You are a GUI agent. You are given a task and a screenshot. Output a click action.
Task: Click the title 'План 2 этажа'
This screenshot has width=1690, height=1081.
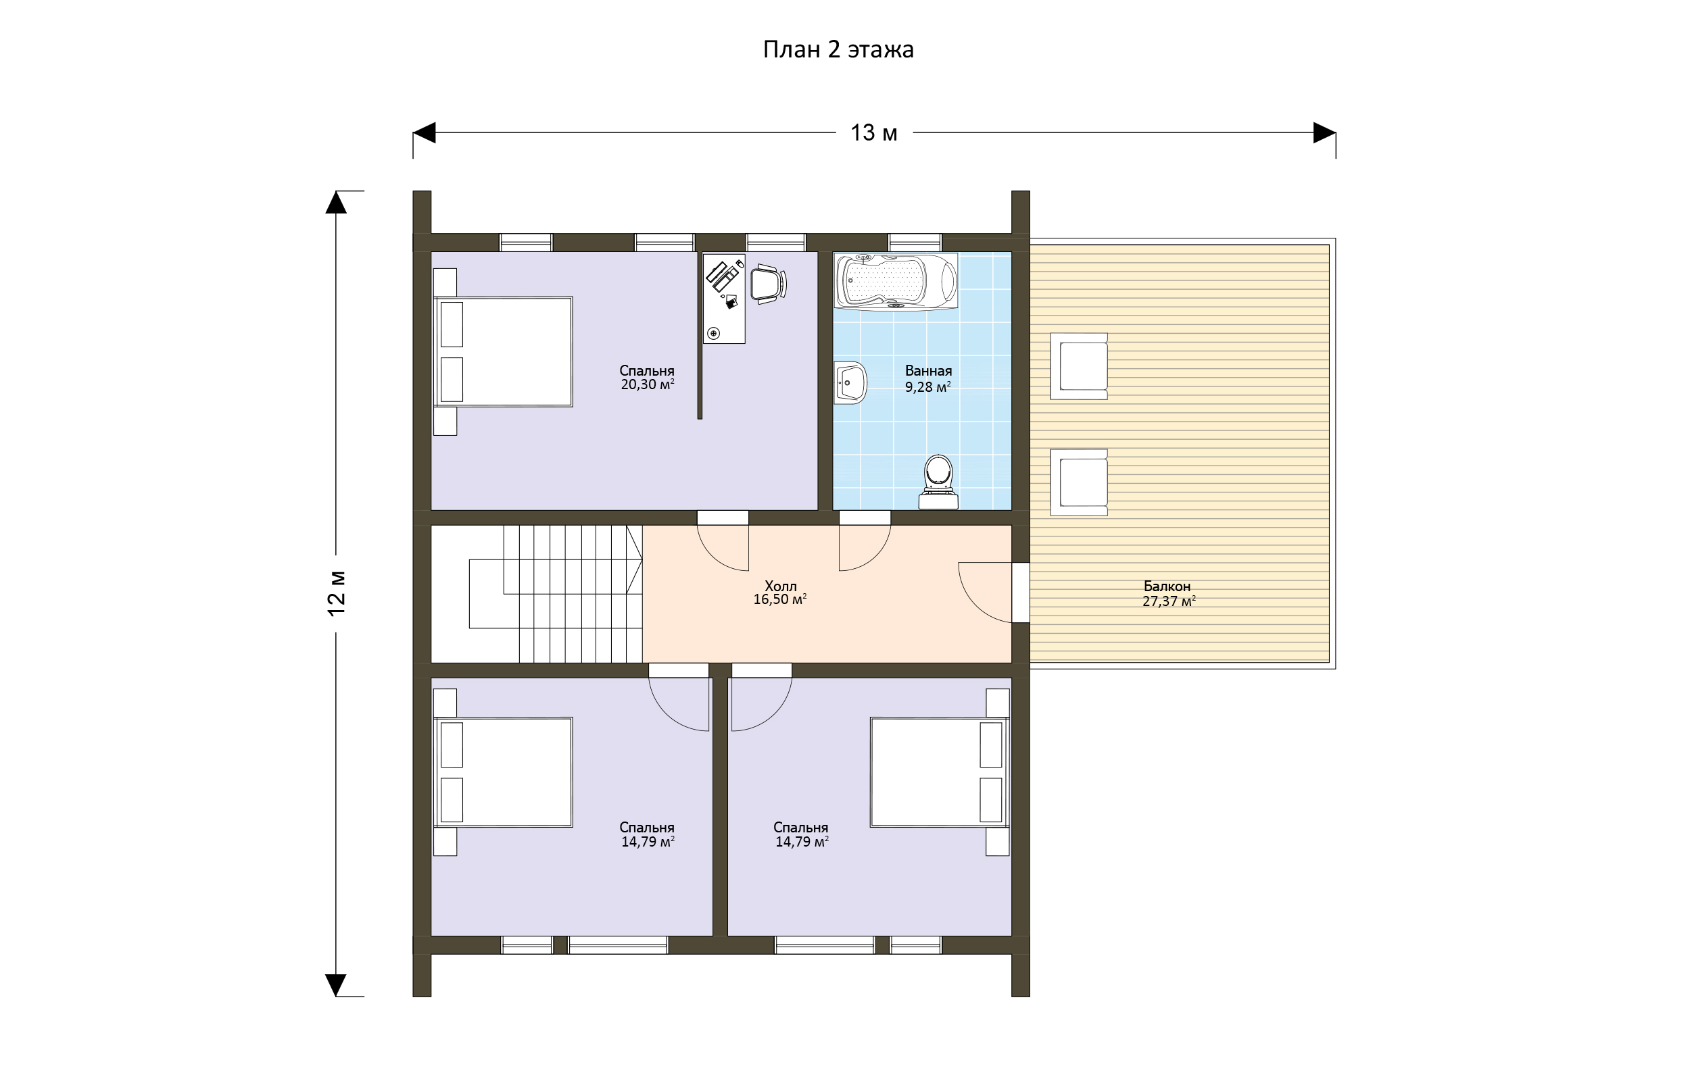(x=838, y=50)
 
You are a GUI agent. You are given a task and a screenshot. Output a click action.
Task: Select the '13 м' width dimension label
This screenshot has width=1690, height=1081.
(x=874, y=132)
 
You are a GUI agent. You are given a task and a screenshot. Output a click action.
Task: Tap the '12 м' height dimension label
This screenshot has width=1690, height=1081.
(x=337, y=593)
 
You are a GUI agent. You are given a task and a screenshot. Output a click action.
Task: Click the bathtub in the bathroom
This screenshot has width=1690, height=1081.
(x=896, y=282)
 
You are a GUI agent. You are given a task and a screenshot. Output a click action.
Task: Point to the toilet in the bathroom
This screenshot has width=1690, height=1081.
(x=939, y=482)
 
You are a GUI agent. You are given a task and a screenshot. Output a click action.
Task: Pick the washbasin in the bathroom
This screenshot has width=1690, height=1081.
(x=850, y=382)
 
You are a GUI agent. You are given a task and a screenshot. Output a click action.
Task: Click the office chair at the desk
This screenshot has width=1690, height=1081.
(x=768, y=284)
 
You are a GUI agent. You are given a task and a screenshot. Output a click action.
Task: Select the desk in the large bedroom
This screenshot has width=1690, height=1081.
(x=724, y=299)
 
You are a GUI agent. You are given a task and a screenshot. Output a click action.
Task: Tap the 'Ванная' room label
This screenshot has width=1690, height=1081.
(x=928, y=371)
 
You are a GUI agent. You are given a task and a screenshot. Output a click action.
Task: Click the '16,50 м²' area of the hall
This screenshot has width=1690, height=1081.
(x=779, y=599)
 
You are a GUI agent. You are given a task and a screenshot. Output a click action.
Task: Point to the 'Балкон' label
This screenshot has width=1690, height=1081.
(x=1167, y=586)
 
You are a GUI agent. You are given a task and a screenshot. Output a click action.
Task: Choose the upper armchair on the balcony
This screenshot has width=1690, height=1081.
(x=1079, y=366)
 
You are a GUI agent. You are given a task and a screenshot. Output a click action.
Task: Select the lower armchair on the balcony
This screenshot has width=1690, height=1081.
(x=1079, y=483)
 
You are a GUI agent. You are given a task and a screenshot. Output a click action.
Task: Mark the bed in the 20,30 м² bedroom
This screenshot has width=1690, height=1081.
(x=504, y=352)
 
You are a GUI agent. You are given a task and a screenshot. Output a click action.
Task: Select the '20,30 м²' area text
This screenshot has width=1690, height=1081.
(x=648, y=384)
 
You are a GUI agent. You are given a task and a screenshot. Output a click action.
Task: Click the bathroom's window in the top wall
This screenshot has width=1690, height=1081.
(x=915, y=242)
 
